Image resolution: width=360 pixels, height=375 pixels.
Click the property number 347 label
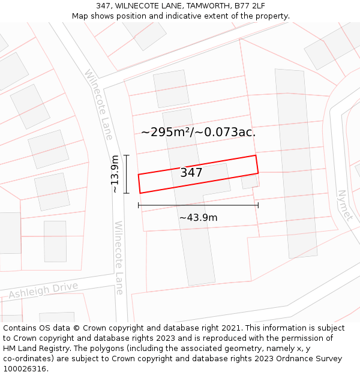[x=191, y=173]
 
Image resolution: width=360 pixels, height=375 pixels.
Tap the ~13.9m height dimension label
[x=115, y=174]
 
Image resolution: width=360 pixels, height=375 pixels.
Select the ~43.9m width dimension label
[x=198, y=218]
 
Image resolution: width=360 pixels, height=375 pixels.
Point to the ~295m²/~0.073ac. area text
[x=198, y=132]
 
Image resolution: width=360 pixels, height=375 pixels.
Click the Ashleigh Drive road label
[x=43, y=290]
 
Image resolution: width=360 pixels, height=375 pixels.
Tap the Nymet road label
[x=344, y=206]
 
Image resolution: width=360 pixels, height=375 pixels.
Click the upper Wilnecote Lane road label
[x=98, y=104]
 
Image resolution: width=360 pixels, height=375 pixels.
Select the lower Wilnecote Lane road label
[x=119, y=257]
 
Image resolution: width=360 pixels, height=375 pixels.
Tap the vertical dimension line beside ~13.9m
[x=127, y=174]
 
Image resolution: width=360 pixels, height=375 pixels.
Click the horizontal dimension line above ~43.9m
[x=198, y=205]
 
